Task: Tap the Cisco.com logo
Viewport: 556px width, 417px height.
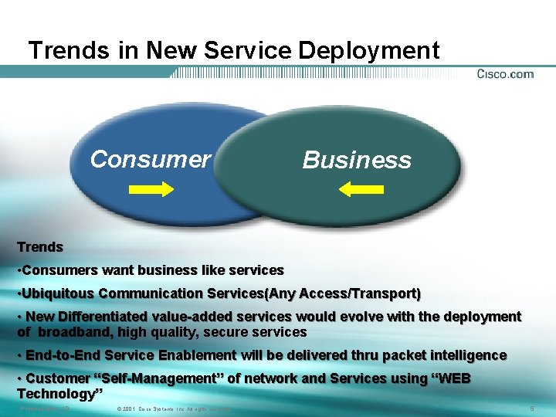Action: [x=505, y=74]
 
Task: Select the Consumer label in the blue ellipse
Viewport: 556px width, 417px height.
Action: [x=150, y=159]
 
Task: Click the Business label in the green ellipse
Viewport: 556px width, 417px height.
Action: [x=357, y=160]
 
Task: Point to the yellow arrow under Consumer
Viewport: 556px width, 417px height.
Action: [x=150, y=188]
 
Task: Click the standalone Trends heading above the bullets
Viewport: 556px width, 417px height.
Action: [x=40, y=247]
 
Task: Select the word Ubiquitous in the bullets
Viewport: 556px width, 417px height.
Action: [x=59, y=293]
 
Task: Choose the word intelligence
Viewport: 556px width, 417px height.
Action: [x=464, y=355]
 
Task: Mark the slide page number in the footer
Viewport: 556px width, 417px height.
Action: [x=532, y=408]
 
